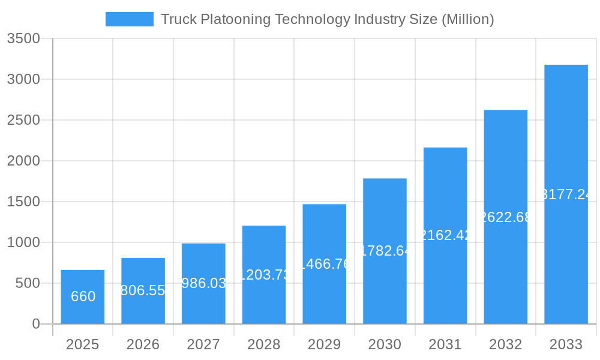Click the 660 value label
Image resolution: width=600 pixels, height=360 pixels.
tap(83, 296)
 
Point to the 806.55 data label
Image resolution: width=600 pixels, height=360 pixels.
tap(143, 291)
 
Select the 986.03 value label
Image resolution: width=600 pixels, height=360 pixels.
tap(203, 283)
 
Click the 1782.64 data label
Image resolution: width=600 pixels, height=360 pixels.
tap(385, 251)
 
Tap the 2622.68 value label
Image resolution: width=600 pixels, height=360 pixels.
tap(506, 217)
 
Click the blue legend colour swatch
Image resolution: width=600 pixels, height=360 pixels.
tap(129, 19)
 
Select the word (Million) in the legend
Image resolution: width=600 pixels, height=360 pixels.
tap(467, 19)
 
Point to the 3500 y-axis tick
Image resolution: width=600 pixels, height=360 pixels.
tap(23, 38)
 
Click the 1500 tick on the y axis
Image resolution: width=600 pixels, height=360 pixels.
tap(23, 202)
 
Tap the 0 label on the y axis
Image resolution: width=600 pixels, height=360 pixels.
tap(35, 324)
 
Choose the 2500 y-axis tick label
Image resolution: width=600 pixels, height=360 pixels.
tap(23, 120)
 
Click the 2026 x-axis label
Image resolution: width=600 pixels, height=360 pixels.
tap(143, 344)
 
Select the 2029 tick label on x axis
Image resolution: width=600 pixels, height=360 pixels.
tap(324, 344)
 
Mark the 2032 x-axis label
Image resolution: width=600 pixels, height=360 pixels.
tap(506, 344)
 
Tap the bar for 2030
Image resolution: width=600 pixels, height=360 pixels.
tap(385, 288)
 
